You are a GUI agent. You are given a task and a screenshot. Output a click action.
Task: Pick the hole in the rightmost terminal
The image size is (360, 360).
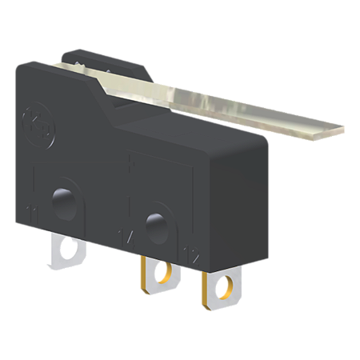tap(225, 284)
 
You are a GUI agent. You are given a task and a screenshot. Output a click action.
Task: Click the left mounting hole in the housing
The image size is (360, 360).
tap(61, 197)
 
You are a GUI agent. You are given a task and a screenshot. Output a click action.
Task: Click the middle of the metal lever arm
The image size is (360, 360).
tap(216, 100)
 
